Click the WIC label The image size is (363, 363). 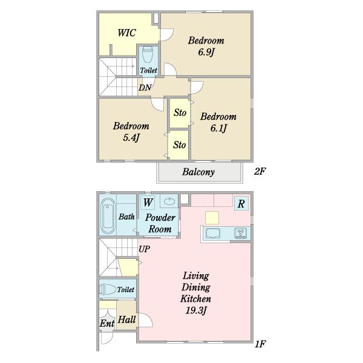126,33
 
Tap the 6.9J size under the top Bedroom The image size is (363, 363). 206,52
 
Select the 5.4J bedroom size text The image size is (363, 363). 131,138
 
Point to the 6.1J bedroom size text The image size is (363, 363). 218,128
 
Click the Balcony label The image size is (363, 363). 198,172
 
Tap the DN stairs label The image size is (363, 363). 145,88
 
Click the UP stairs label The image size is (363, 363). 144,249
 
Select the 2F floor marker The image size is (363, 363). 260,171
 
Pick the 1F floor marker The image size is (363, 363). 260,344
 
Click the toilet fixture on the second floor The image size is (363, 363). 148,54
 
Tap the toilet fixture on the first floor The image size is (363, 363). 108,289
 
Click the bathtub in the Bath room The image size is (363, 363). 108,216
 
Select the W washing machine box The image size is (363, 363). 148,203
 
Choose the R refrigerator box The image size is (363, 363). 241,203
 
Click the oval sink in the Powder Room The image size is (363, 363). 170,201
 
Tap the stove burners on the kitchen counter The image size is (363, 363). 241,233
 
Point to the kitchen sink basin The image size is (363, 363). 213,233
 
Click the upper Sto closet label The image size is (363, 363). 180,113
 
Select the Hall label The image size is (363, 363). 127,319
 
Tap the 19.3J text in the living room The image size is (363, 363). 195,310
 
